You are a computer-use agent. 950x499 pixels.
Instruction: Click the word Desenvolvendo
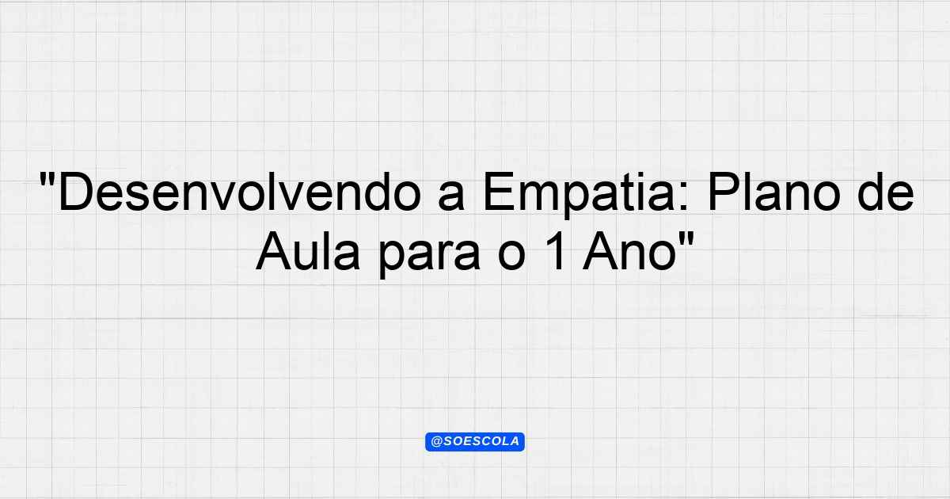240,192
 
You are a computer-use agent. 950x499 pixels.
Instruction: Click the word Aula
308,251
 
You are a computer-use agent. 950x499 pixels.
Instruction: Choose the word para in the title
429,257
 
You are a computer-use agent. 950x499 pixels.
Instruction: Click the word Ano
629,251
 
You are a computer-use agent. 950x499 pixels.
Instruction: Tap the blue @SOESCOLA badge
475,442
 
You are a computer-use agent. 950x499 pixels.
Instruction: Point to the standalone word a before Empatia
451,196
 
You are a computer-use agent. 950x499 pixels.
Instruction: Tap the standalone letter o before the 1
512,256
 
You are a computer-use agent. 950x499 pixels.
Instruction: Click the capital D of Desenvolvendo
75,192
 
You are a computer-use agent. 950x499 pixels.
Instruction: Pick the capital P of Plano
723,192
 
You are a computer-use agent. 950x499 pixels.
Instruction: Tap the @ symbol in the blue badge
437,442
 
